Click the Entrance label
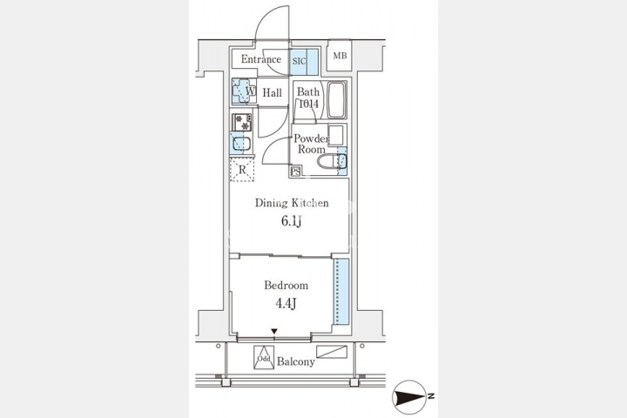(x=260, y=59)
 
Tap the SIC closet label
(x=299, y=61)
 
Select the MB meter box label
(x=340, y=56)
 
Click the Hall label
(x=273, y=93)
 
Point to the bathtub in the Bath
(x=337, y=100)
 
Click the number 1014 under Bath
(x=308, y=104)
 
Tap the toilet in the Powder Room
(x=332, y=162)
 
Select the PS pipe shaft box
(x=296, y=172)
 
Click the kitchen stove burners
(x=242, y=123)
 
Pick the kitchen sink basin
(x=241, y=144)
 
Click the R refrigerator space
(x=242, y=170)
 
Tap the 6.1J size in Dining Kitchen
(x=292, y=221)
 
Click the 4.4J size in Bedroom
(x=286, y=304)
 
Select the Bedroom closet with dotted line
(x=341, y=291)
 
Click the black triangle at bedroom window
(x=274, y=331)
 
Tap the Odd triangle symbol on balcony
(x=264, y=358)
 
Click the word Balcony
(x=296, y=362)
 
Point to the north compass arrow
(x=409, y=397)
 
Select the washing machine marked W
(x=244, y=91)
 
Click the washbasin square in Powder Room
(x=336, y=135)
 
